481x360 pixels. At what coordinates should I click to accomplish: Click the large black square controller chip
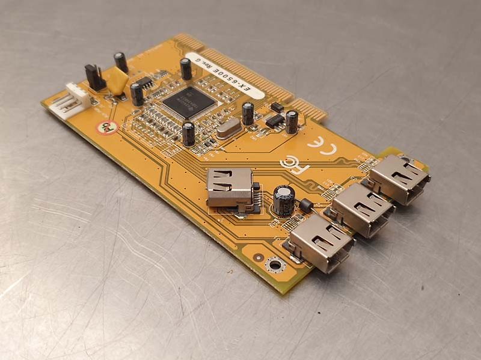pyautogui.click(x=188, y=102)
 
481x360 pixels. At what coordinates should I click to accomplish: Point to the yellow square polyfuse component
pyautogui.click(x=116, y=81)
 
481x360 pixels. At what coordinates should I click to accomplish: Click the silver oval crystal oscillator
pyautogui.click(x=228, y=129)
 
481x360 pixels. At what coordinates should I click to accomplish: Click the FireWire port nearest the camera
pyautogui.click(x=319, y=243)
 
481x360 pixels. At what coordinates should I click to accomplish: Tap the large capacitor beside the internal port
pyautogui.click(x=283, y=201)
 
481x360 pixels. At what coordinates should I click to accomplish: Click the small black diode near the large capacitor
pyautogui.click(x=305, y=206)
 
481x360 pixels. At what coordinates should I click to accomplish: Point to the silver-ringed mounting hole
pyautogui.click(x=274, y=264)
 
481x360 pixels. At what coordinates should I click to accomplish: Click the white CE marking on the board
pyautogui.click(x=319, y=147)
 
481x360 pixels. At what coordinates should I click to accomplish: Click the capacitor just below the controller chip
pyautogui.click(x=189, y=133)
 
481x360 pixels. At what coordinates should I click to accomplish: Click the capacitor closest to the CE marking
pyautogui.click(x=292, y=121)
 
